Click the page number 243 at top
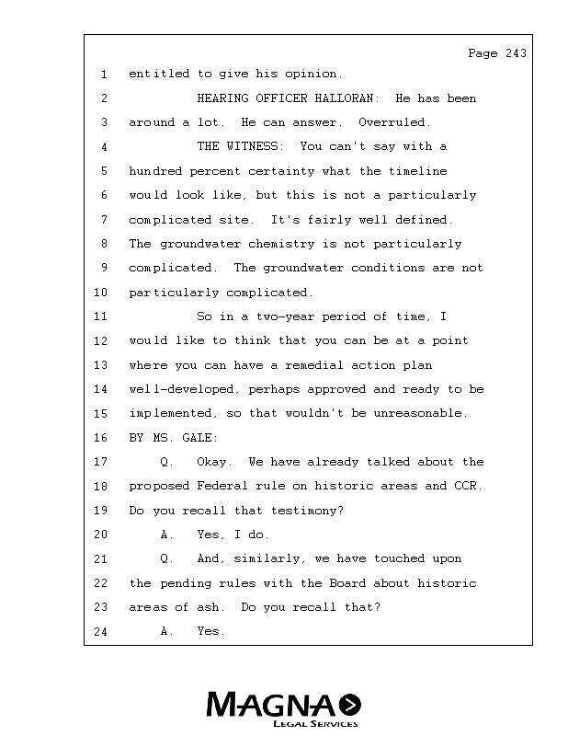coord(516,53)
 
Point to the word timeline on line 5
coord(418,171)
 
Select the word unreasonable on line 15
coord(422,413)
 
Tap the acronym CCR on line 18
coord(468,486)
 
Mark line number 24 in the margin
coord(102,632)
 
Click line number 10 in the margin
coord(102,293)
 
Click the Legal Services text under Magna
coord(314,724)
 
